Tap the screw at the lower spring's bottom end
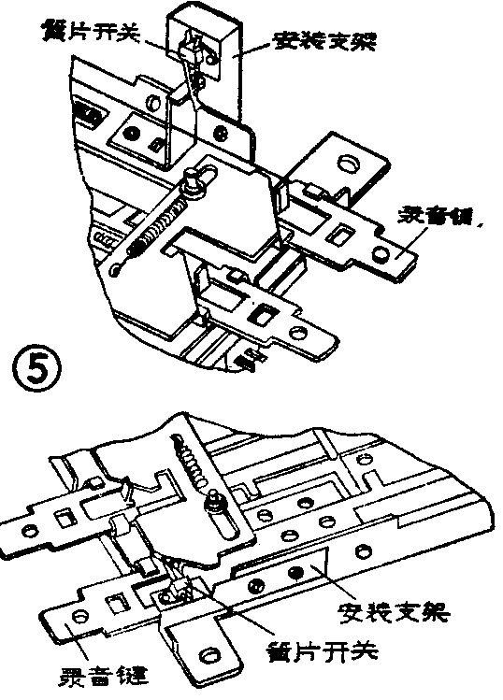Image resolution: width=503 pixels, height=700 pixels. tap(214, 506)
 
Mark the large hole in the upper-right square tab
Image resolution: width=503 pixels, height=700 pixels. tap(347, 164)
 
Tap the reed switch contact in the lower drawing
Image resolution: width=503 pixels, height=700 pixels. tap(178, 588)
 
